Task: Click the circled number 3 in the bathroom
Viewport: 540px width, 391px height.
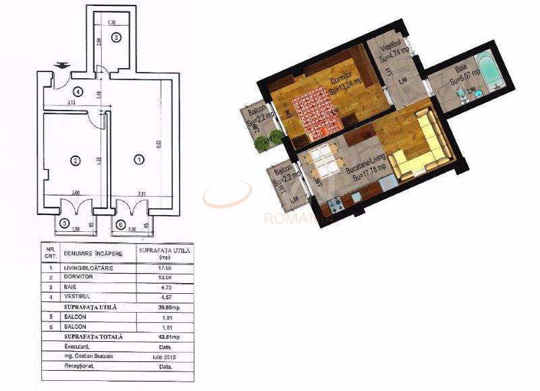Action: (116, 37)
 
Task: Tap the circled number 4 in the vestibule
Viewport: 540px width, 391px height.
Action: (78, 92)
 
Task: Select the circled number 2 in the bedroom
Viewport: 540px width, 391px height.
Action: (76, 160)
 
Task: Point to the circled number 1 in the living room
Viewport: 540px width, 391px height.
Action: (139, 160)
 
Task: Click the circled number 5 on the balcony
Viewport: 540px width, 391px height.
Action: (65, 224)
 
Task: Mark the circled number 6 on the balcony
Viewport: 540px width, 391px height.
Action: (121, 224)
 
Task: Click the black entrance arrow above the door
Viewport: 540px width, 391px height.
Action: (62, 65)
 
